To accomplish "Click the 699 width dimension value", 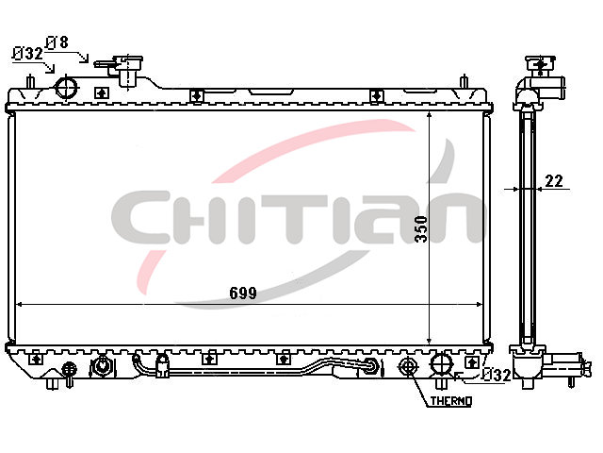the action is coord(243,294).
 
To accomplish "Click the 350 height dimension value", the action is coord(421,228).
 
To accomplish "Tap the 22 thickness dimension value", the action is coord(554,180).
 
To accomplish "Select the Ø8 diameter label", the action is coord(57,42).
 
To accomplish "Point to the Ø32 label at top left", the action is coord(27,54).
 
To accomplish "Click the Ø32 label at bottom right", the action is coord(497,375).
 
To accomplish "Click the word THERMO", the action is coord(451,401).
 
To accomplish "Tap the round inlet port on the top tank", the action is coord(67,88).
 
